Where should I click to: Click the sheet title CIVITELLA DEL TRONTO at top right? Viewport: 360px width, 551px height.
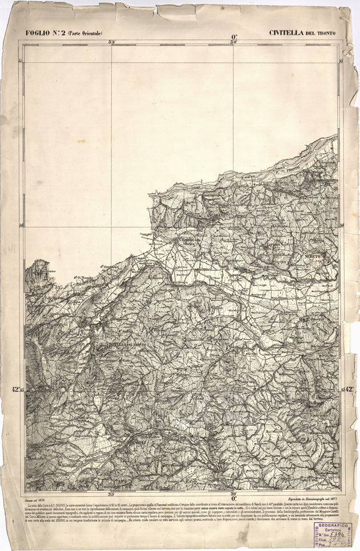302,33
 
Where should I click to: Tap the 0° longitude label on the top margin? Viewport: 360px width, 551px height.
234,38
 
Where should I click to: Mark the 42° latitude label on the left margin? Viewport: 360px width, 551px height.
17,390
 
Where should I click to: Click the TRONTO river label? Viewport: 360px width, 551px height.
293,168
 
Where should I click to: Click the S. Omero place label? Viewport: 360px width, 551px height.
314,319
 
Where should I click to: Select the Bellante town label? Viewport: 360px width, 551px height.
314,404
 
